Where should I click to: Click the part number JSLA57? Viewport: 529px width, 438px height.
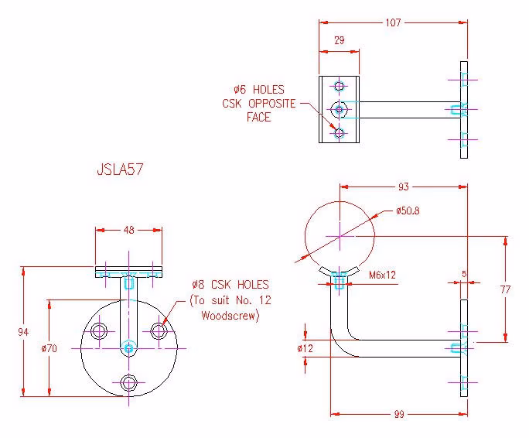(x=120, y=169)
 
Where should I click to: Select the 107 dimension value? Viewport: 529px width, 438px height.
(x=393, y=22)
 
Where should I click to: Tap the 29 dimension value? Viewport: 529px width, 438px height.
(x=339, y=40)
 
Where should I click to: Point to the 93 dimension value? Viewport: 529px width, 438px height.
(x=404, y=186)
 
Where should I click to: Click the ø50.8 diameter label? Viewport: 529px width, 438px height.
(x=408, y=211)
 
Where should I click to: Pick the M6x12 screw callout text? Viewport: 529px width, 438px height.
(x=382, y=275)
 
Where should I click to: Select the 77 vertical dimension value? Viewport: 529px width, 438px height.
(x=505, y=289)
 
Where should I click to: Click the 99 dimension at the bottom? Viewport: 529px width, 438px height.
(x=399, y=414)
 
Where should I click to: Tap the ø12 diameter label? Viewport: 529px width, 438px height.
(x=305, y=348)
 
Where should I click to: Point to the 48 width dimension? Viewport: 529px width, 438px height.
(x=129, y=231)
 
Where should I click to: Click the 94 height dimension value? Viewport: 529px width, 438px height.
(x=23, y=332)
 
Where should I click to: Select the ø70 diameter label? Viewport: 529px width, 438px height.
(x=49, y=348)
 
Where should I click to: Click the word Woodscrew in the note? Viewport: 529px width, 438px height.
(x=230, y=316)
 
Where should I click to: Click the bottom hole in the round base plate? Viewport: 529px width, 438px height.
(x=128, y=383)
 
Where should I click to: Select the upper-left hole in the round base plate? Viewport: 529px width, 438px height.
(x=99, y=331)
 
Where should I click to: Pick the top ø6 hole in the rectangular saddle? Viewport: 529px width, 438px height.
(x=339, y=86)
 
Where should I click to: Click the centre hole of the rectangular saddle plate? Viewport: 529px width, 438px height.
(x=339, y=109)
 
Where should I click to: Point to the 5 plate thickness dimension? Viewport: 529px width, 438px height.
(x=464, y=274)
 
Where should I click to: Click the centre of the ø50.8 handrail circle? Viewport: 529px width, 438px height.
(x=340, y=236)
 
